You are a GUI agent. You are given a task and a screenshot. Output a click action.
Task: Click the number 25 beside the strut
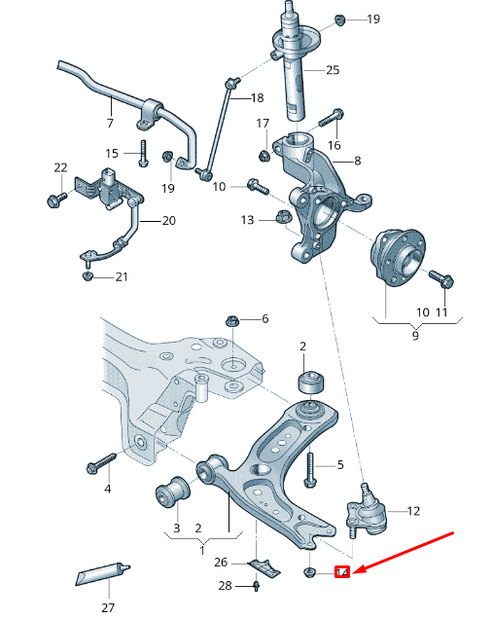coord(333,70)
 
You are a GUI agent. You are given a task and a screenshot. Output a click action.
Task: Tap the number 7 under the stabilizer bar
coord(110,124)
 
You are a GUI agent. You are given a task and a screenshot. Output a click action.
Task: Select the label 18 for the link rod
coord(257,97)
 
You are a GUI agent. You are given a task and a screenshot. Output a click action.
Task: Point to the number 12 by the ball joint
coord(413,510)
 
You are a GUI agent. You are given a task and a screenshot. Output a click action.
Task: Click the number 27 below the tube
coord(107,607)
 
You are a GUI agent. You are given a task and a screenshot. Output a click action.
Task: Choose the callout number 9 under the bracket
coord(415,336)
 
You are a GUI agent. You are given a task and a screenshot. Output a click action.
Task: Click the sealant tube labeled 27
coord(101,577)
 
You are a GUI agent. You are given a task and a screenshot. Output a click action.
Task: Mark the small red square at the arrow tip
coord(342,572)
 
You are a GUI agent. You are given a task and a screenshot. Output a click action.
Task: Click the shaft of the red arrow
coord(408,551)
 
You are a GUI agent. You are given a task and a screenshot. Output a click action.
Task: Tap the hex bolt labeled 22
coord(54,200)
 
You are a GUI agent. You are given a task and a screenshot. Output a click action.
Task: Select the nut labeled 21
coord(88,277)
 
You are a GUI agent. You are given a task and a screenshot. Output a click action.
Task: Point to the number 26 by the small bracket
coord(221,562)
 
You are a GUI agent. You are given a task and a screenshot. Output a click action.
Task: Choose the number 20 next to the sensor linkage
coord(168,221)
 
